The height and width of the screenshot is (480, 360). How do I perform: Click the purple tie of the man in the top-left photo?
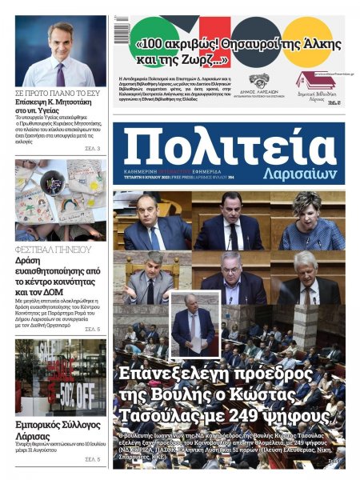[x=61, y=74]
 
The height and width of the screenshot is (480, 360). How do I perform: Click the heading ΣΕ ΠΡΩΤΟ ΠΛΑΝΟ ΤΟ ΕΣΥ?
[x=58, y=93]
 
